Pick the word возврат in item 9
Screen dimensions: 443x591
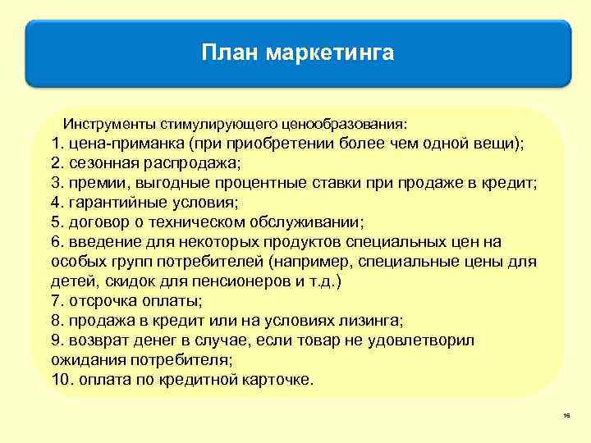[96, 340]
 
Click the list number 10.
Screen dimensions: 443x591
[60, 381]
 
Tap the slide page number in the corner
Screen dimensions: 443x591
[566, 418]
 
